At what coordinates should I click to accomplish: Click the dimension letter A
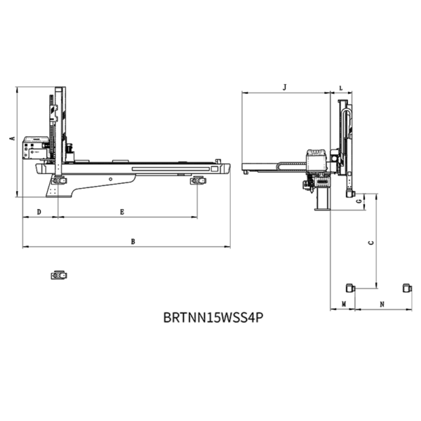coord(12,138)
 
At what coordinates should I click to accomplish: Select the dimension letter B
coord(133,241)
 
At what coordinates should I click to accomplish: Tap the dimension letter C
coord(370,243)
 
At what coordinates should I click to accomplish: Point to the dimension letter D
coord(39,212)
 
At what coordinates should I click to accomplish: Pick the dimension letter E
coord(122,212)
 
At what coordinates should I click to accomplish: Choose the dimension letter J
coord(285,87)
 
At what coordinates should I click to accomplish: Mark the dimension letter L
coord(341,88)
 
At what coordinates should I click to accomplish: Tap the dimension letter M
coord(344,305)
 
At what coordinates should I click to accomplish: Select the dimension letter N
coord(382,305)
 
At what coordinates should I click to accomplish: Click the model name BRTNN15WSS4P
coord(213,317)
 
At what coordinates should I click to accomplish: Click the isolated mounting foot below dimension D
coord(59,275)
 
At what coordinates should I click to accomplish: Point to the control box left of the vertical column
coord(36,147)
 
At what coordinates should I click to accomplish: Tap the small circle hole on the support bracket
coord(110,179)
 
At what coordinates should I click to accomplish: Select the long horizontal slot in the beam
coord(171,169)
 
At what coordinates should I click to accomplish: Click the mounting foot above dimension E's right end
coord(198,181)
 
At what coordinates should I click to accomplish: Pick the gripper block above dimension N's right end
coord(407,288)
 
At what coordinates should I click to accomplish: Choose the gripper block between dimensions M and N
coord(350,288)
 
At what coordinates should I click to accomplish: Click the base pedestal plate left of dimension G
coord(322,209)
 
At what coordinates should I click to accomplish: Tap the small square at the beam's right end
coord(215,169)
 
